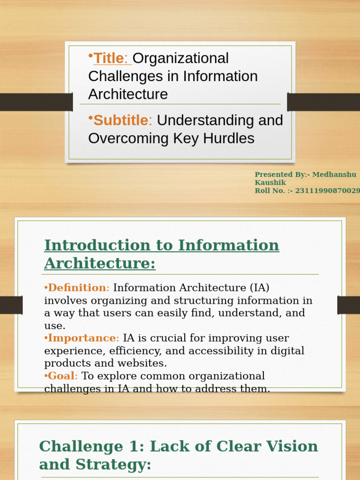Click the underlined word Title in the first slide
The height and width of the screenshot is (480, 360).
[109, 59]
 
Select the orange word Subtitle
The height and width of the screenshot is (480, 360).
[120, 120]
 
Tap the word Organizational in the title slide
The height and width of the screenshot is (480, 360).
[181, 59]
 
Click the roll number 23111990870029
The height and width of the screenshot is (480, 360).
[328, 191]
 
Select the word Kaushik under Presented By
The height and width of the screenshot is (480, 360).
[270, 183]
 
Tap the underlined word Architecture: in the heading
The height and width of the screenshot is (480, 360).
[100, 263]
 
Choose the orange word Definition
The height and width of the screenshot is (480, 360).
[77, 288]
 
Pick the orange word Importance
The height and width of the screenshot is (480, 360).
[82, 338]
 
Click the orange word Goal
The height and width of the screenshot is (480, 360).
[61, 376]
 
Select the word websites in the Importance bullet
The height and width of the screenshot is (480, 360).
[145, 363]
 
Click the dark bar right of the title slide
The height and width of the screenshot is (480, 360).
[323, 102]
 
